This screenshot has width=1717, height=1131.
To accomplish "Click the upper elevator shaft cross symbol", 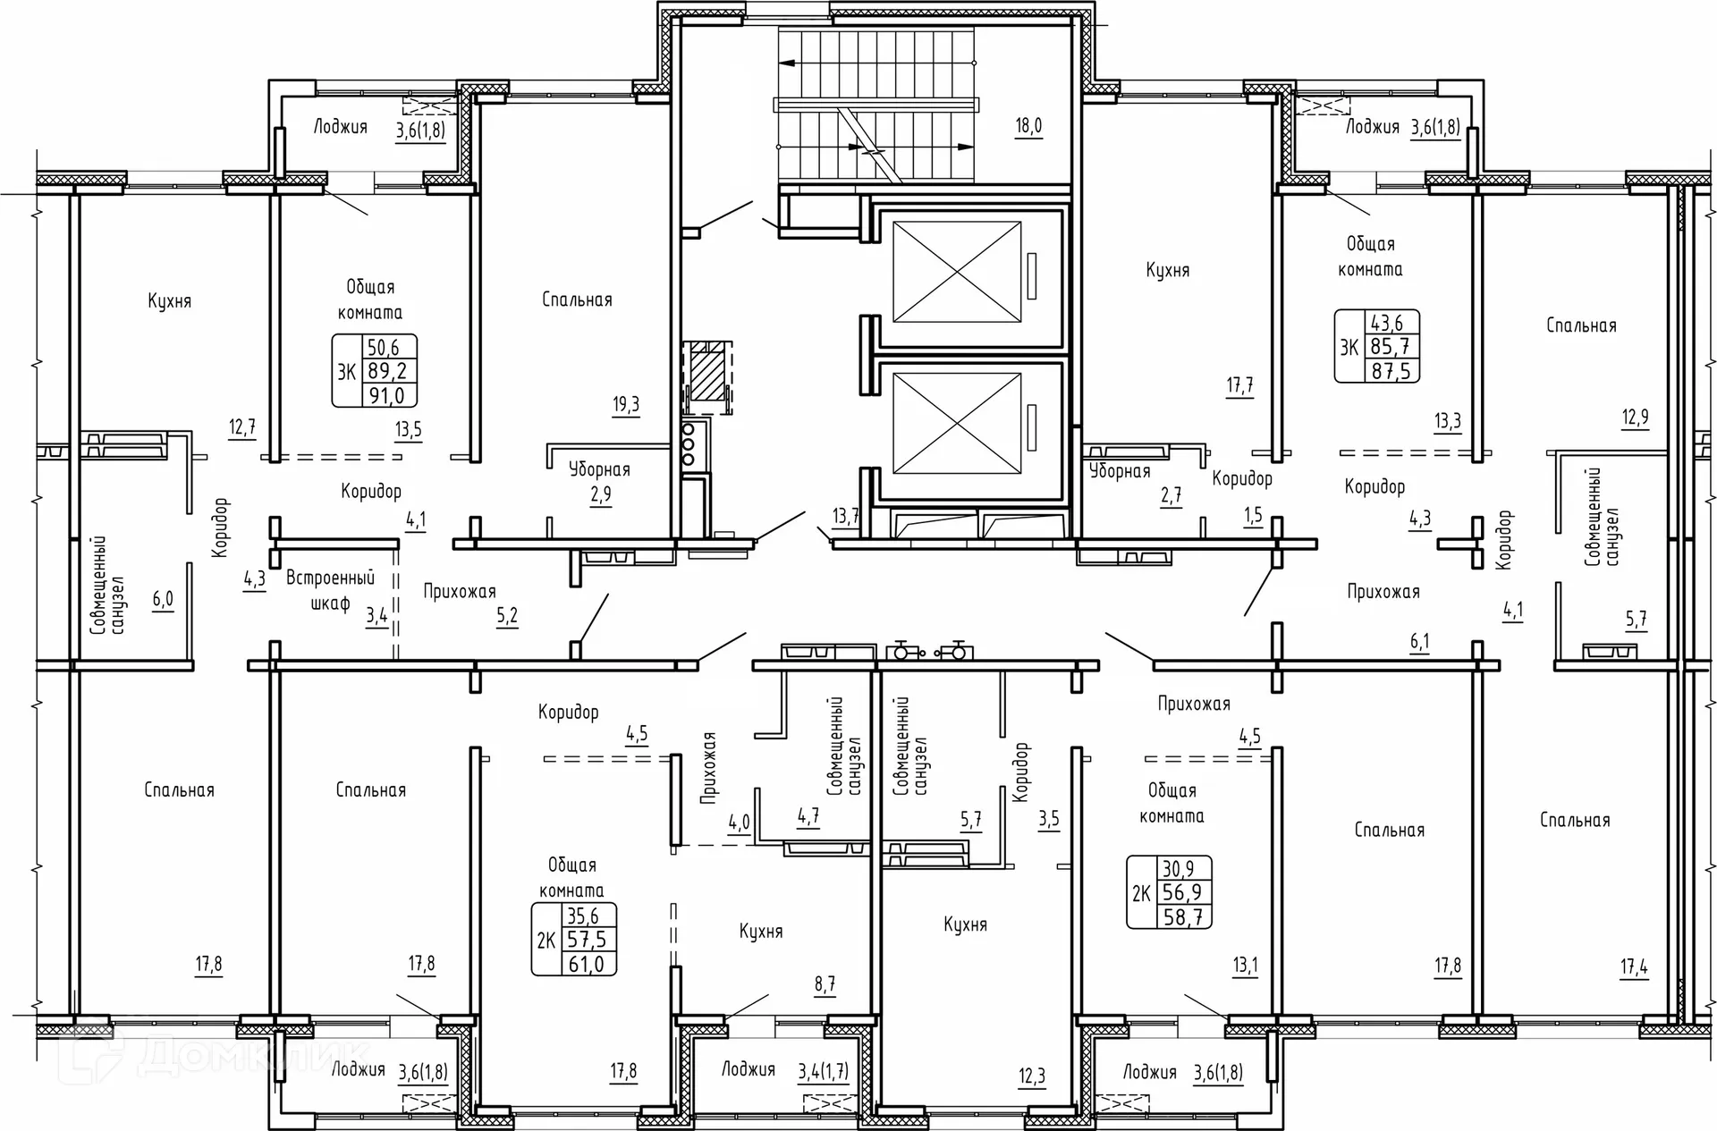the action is pos(957,272).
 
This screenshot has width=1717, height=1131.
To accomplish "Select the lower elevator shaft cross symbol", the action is pos(957,423).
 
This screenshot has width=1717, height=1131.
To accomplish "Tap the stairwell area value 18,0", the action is pos(1028,126).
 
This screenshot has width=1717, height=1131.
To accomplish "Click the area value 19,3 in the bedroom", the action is pos(626,405).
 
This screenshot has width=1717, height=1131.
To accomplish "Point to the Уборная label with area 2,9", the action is pos(599,469).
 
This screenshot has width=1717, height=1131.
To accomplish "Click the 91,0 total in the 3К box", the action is pos(387,395).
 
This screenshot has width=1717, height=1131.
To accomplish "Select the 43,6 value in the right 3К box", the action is pos(1387,323).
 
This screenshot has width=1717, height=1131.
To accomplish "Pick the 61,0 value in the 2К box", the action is pos(587,964).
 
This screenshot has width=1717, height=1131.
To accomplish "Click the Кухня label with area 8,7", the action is pos(761,932).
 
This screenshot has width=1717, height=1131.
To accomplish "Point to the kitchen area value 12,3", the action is pos(1032,1076).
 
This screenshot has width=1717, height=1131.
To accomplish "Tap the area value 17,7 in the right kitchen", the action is pos(1239,386).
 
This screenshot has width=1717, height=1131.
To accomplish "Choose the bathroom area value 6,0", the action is pos(163,599).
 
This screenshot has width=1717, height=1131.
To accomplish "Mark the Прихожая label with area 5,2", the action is pos(460,591).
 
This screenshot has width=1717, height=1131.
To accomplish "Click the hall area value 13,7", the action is pos(846,516).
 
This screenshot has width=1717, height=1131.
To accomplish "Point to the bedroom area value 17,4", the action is pos(1634,966).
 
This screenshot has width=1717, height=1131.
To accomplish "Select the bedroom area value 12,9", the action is pos(1636,417).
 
